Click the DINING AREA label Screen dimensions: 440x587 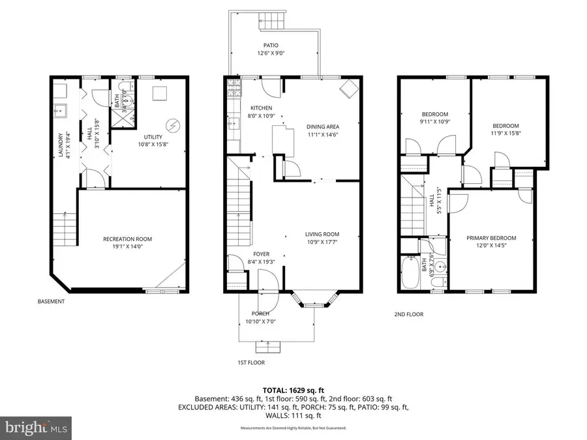[x=323, y=126]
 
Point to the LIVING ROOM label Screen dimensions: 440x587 [x=322, y=235]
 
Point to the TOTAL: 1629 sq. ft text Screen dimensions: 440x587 [x=293, y=389]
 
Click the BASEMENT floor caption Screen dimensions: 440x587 [x=51, y=302]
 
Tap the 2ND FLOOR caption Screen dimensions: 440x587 [x=409, y=314]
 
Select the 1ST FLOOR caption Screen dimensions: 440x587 [x=251, y=362]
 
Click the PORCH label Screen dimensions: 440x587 [x=260, y=314]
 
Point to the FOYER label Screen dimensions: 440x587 [x=261, y=254]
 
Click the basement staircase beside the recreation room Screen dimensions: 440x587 [x=66, y=229]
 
